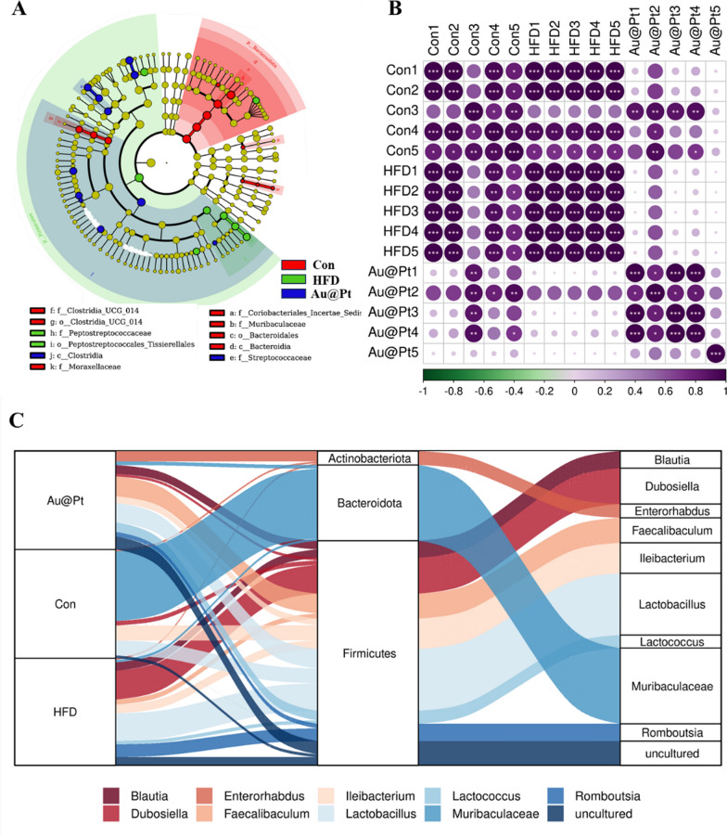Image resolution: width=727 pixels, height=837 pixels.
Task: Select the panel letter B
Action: pyautogui.click(x=369, y=10)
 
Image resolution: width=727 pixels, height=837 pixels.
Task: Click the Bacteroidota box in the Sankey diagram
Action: pyautogui.click(x=367, y=503)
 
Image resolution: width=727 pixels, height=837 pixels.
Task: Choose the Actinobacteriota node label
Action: pyautogui.click(x=367, y=458)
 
